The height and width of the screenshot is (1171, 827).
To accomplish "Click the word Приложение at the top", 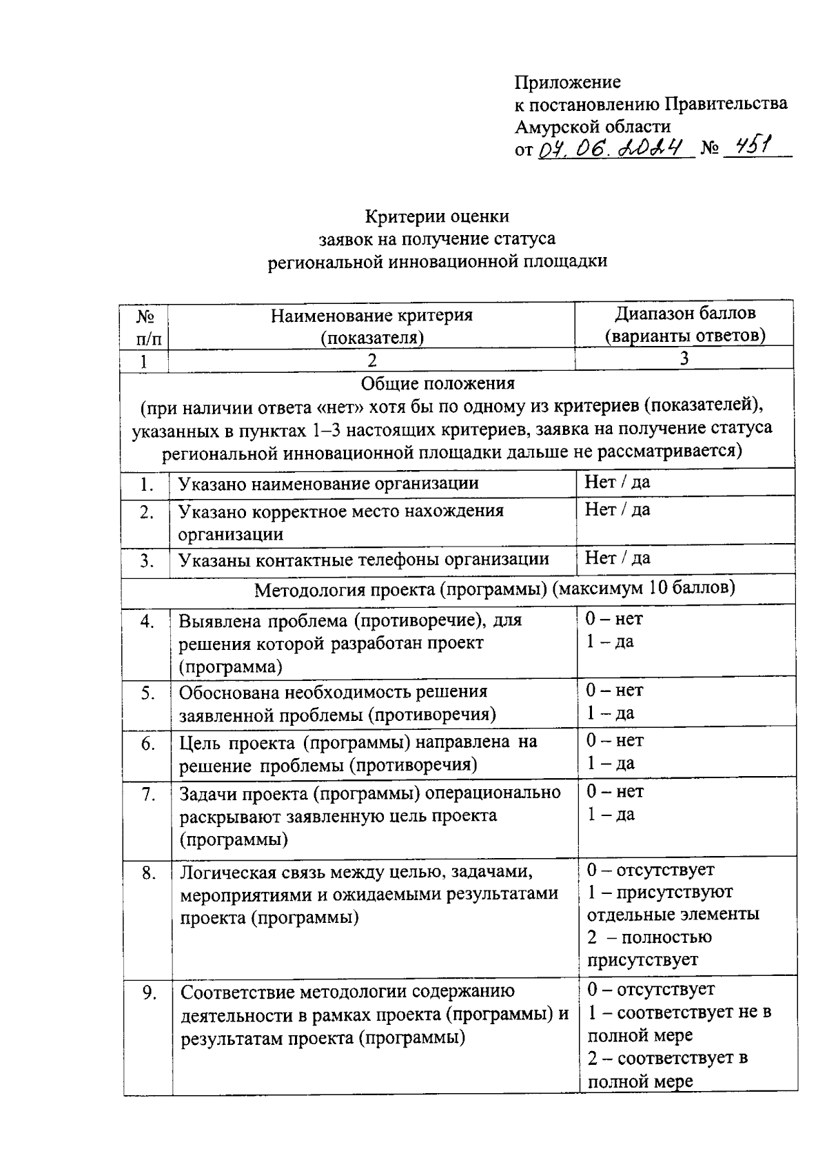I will coord(567,83).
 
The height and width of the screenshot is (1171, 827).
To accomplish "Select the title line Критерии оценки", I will coord(437,216).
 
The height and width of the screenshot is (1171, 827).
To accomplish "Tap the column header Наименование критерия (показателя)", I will coord(371,326).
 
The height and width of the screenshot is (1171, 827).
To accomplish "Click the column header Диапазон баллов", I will coord(685,314).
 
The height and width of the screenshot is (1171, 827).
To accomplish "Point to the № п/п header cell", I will coord(144,327).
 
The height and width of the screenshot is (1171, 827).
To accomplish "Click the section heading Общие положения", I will coord(438,383).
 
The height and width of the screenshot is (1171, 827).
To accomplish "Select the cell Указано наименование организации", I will coord(329,484).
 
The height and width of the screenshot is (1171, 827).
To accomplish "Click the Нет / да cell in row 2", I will coord(617,510).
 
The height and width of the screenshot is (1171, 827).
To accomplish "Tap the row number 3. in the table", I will coord(146,561).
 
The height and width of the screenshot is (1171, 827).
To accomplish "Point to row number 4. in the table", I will coord(147,622).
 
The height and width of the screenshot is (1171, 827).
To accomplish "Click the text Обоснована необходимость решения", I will coord(333,691).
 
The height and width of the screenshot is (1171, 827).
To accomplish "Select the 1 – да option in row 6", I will coord(611,764).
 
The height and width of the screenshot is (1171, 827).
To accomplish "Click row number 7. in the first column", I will coord(147,795).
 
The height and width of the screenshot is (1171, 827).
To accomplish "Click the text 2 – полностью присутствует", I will coord(641,948).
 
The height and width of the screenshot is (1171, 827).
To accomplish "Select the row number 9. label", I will coord(148,993).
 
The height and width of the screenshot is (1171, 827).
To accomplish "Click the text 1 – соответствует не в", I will coord(679,1013).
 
